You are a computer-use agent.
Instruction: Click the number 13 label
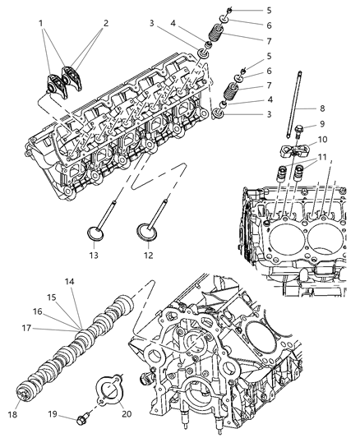tap(93, 256)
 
